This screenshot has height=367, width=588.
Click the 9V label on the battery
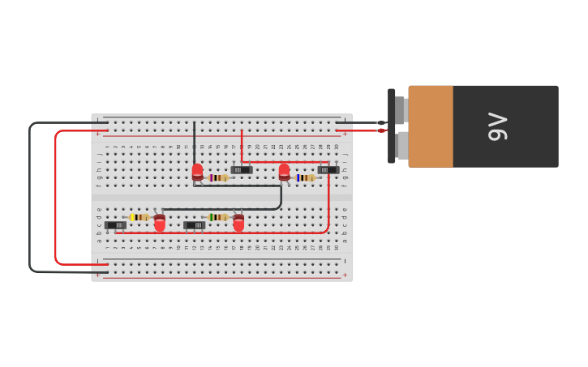pyautogui.click(x=497, y=126)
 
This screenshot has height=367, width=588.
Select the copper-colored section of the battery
pyautogui.click(x=430, y=126)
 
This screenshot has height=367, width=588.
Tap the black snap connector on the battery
pyautogui.click(x=392, y=126)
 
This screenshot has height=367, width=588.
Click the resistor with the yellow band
pyautogui.click(x=139, y=217)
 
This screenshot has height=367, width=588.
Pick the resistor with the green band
pyautogui.click(x=217, y=217)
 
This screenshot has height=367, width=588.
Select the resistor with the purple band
pyautogui.click(x=218, y=177)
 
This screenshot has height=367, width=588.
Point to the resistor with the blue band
pyautogui.click(x=305, y=177)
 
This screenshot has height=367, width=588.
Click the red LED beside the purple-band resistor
pyautogui.click(x=197, y=172)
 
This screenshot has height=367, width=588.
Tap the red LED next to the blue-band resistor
pyautogui.click(x=284, y=172)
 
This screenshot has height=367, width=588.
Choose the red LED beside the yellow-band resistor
pyautogui.click(x=160, y=222)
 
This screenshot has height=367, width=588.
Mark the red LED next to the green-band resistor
pyautogui.click(x=238, y=222)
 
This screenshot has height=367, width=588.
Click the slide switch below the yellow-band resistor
pyautogui.click(x=115, y=225)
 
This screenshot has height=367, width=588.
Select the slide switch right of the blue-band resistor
pyautogui.click(x=328, y=169)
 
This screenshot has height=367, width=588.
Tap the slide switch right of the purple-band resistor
pyautogui.click(x=242, y=169)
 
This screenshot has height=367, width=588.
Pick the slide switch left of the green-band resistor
pyautogui.click(x=194, y=225)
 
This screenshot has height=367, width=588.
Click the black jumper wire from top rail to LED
pyautogui.click(x=194, y=142)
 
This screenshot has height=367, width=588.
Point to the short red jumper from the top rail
pyautogui.click(x=242, y=142)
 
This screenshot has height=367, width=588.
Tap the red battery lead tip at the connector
pyautogui.click(x=380, y=130)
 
